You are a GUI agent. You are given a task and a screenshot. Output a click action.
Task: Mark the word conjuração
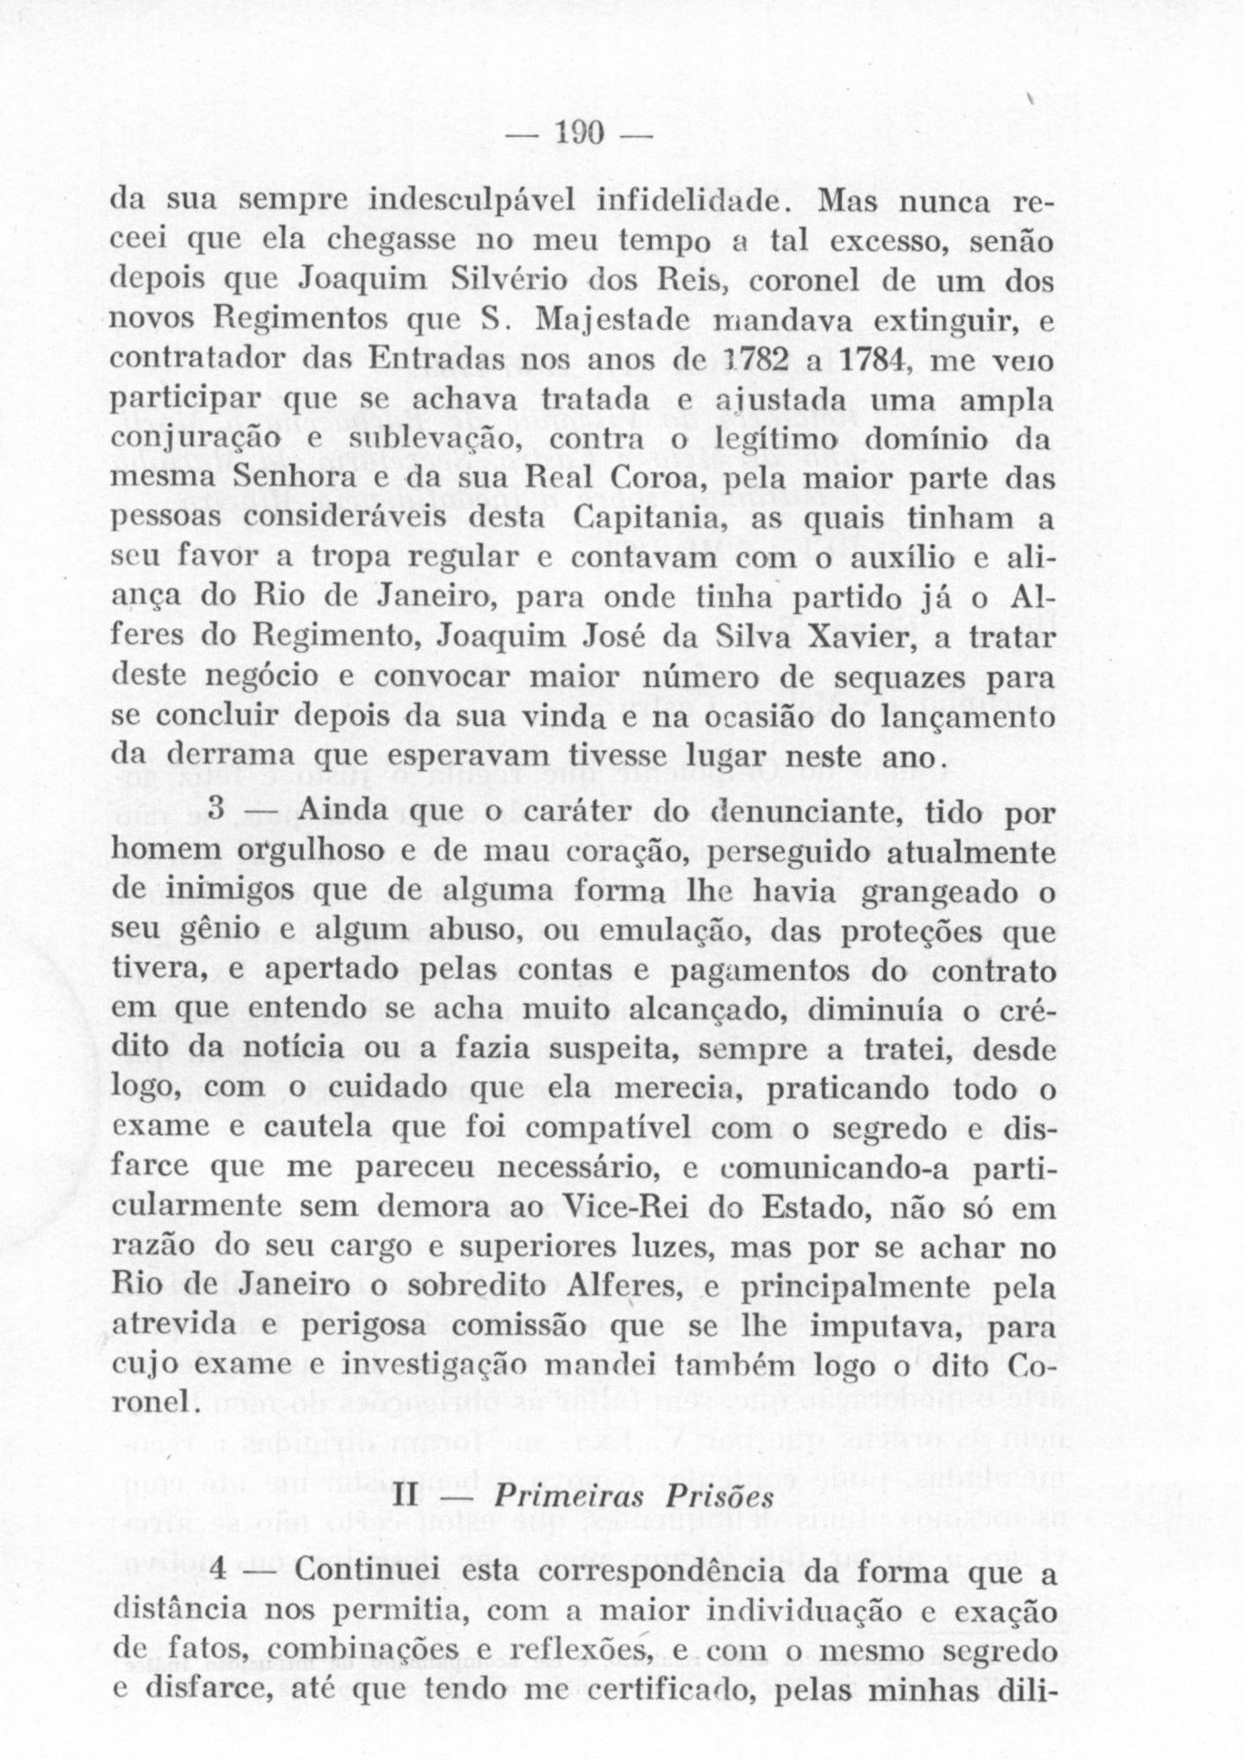click(195, 440)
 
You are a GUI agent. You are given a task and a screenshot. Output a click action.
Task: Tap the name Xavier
click(852, 640)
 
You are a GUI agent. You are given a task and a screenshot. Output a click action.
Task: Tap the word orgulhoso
click(295, 853)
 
